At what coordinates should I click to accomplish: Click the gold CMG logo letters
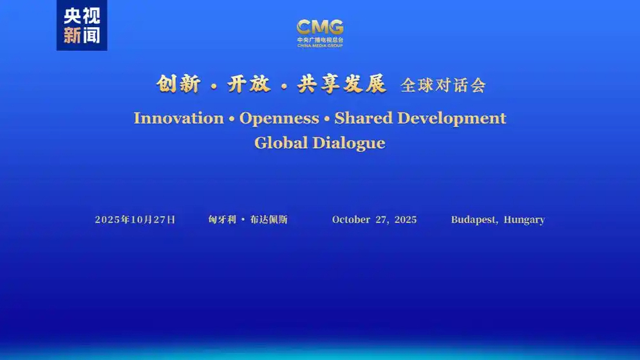tap(320, 27)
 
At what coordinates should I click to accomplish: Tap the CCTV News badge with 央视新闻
tap(82, 25)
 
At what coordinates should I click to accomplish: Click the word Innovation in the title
tap(179, 118)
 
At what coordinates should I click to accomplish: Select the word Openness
tap(279, 118)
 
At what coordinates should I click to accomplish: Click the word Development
tap(452, 118)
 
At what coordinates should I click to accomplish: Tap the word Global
tap(281, 143)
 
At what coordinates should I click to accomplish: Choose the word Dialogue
tap(349, 143)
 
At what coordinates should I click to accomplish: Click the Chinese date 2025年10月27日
tap(135, 220)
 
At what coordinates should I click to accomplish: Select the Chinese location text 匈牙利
tap(222, 220)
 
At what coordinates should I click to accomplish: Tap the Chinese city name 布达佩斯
tap(269, 220)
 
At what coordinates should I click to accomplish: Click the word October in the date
tap(351, 220)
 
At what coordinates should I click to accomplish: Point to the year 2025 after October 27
tap(406, 220)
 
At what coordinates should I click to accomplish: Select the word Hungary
tap(524, 220)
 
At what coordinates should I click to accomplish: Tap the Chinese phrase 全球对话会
tap(443, 85)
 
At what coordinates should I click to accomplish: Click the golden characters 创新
tap(178, 84)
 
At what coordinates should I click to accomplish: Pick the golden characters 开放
tap(249, 84)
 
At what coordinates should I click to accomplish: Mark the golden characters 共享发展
tap(342, 84)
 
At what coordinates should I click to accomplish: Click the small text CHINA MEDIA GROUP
tap(320, 46)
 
